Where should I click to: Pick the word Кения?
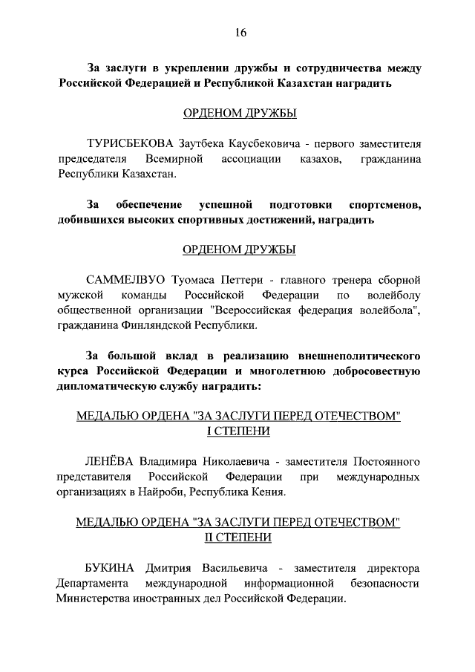coord(266,492)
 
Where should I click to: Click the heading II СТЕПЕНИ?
coord(237,538)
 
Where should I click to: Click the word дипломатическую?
coord(113,388)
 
